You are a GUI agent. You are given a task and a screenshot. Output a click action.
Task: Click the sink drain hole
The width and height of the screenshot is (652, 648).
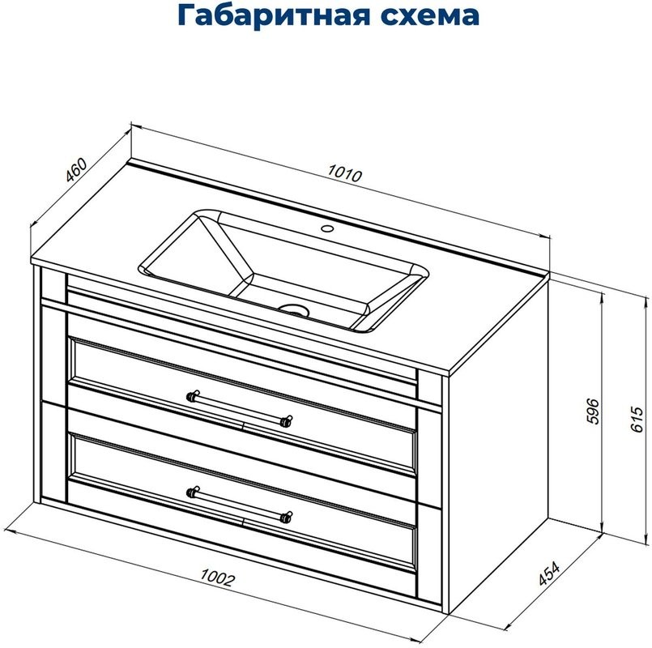pos(293,309)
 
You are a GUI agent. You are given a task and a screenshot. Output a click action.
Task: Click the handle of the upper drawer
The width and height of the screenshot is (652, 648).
pos(238,408)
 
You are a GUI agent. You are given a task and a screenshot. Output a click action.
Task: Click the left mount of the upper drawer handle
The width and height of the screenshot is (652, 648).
pos(193,396)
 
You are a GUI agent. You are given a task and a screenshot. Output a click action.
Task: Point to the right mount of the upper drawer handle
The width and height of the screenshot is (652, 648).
pos(285,420)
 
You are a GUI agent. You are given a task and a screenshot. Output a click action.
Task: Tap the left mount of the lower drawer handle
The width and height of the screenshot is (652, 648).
pos(193,490)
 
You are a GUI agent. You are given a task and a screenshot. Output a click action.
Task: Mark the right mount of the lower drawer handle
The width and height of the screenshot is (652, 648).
pos(285,514)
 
